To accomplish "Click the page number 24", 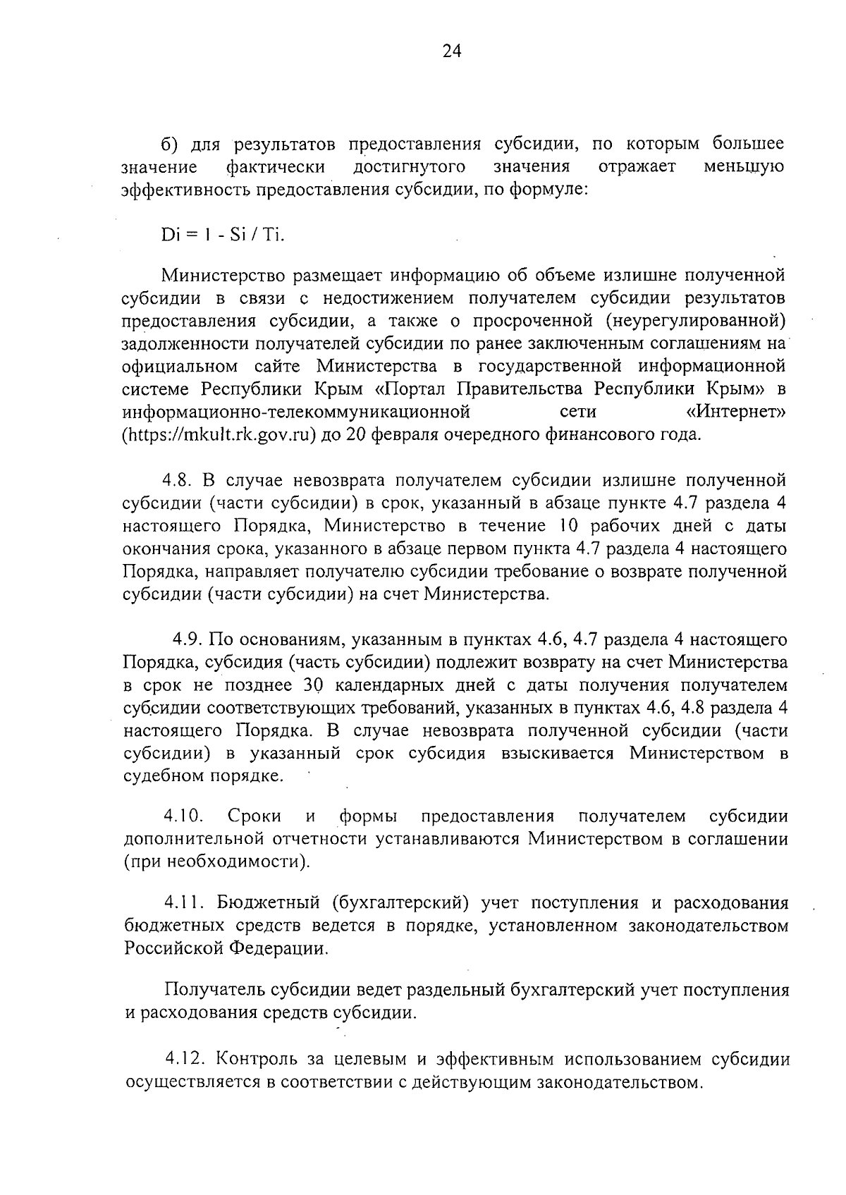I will tap(451, 50).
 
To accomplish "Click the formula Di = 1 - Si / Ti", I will tap(222, 235).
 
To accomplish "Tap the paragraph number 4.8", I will tap(179, 481).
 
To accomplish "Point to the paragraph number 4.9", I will tap(189, 640).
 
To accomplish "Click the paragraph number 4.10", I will tap(184, 816).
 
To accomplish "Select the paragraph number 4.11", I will tap(184, 903).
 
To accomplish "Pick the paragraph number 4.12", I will tap(185, 1059).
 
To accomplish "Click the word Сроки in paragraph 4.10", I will tap(254, 816).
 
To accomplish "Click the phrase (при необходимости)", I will tap(217, 862).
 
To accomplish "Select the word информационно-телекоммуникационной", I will tap(296, 412).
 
